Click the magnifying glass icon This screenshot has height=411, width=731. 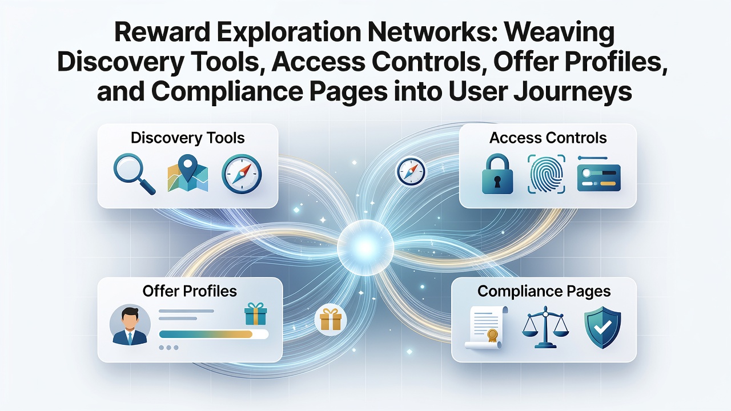(x=134, y=174)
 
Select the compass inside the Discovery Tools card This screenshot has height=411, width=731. (x=242, y=174)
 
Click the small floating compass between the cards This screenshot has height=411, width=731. (x=411, y=172)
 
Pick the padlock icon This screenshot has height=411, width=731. (x=497, y=174)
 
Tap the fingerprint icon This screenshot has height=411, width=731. (x=546, y=174)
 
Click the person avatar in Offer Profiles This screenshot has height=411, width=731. (x=130, y=325)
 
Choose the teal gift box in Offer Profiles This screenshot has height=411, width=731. (x=256, y=313)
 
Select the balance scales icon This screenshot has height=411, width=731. (x=545, y=327)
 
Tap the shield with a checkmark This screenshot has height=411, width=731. (x=603, y=327)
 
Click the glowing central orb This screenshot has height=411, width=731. (x=365, y=248)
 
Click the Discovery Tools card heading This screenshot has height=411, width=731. (x=188, y=138)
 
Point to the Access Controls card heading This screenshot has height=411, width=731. (x=548, y=138)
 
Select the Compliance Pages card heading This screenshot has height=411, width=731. (x=544, y=291)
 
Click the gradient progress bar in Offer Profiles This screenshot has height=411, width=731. (x=214, y=335)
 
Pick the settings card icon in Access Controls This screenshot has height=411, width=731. (x=599, y=175)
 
